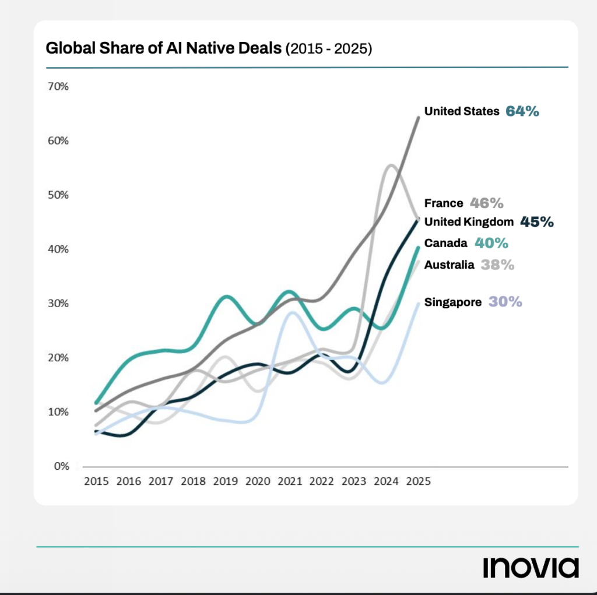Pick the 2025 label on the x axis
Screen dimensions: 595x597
point(418,482)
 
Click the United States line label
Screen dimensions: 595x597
point(462,111)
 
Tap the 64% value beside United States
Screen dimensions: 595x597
point(522,111)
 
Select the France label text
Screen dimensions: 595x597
point(443,203)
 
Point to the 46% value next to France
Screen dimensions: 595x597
point(487,203)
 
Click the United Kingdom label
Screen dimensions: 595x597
point(469,221)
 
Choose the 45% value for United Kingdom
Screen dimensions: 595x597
point(536,221)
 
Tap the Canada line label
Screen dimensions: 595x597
point(445,242)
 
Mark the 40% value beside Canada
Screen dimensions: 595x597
point(491,242)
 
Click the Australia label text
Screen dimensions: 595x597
point(449,265)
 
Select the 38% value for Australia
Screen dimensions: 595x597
point(497,265)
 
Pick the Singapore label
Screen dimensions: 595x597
point(453,302)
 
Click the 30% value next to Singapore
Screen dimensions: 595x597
point(505,302)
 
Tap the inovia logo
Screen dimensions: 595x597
point(531,567)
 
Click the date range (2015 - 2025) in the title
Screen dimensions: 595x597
point(328,50)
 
